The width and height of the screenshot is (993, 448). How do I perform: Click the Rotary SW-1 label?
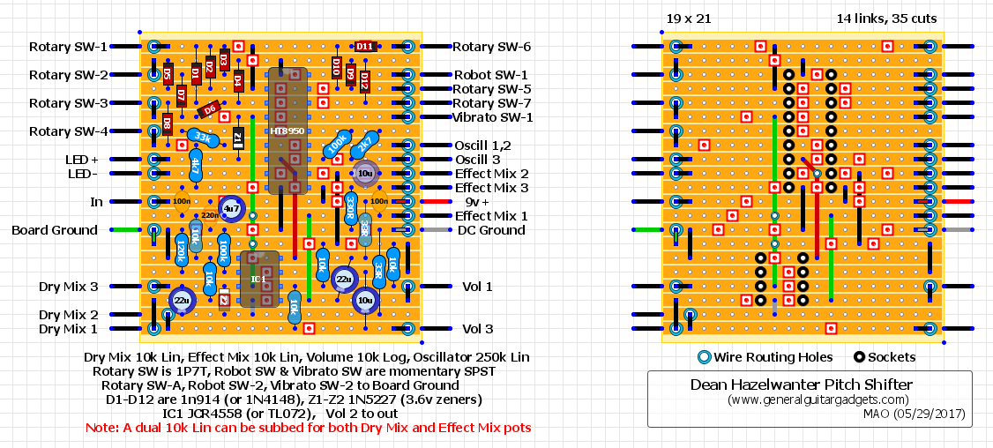(68, 47)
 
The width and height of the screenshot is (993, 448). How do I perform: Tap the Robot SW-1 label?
(490, 75)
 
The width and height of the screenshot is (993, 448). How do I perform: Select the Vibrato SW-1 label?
(492, 117)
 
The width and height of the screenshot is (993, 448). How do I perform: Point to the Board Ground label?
(55, 230)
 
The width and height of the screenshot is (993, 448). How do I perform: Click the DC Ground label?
(491, 230)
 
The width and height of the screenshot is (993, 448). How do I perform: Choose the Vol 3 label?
(477, 329)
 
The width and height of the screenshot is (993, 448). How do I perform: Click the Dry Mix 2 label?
(68, 315)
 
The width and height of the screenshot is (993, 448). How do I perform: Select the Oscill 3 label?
(479, 160)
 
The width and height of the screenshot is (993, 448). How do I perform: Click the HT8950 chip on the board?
(287, 131)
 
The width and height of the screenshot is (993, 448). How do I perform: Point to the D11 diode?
(365, 47)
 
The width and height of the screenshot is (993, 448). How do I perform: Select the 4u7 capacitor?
(232, 209)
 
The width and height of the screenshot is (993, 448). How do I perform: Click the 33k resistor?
(202, 138)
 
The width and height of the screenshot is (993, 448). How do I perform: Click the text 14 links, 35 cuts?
(886, 19)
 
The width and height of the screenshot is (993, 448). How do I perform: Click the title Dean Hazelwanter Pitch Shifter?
(801, 385)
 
